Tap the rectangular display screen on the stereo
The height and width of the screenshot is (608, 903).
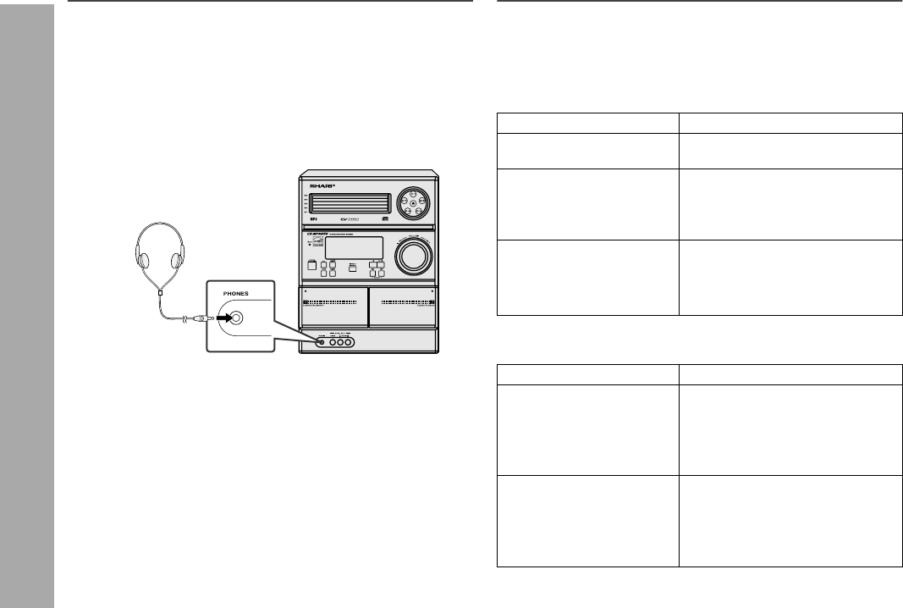(x=353, y=249)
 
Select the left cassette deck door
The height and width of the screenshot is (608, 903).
(x=334, y=307)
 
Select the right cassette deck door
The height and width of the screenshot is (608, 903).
(x=402, y=307)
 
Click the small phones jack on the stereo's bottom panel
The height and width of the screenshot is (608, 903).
(x=320, y=343)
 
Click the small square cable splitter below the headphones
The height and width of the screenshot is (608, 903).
(x=161, y=291)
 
